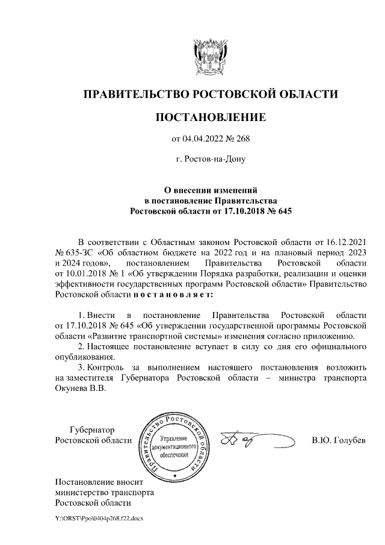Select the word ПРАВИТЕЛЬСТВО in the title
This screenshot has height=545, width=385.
coord(135,95)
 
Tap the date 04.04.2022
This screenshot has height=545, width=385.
coord(202,140)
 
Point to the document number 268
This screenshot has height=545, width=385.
coord(241,140)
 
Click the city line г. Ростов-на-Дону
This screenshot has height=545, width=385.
coord(210,160)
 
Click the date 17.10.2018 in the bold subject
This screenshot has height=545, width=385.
coord(246,211)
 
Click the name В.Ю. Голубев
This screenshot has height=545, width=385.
coord(339,440)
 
